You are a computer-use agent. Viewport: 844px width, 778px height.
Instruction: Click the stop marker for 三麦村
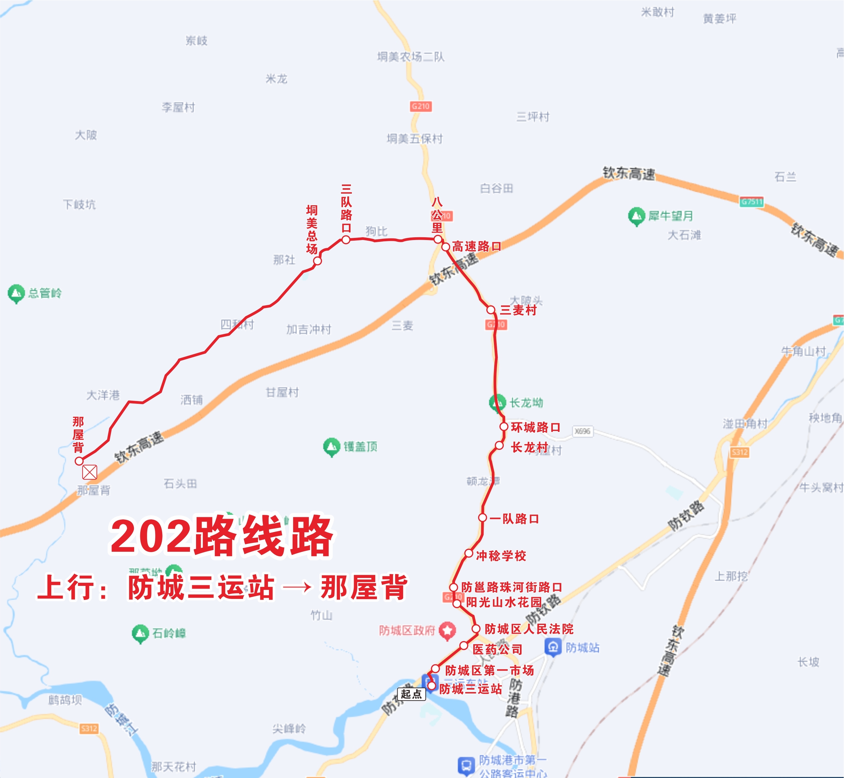click(x=490, y=310)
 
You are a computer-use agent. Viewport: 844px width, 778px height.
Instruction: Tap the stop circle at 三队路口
click(x=345, y=239)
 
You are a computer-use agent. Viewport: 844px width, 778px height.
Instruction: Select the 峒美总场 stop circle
click(x=317, y=261)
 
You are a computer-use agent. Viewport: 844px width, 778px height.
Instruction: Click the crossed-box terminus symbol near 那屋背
click(x=90, y=472)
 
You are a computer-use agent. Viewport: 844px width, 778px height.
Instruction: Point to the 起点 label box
click(x=411, y=694)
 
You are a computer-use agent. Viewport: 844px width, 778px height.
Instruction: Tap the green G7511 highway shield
click(x=751, y=202)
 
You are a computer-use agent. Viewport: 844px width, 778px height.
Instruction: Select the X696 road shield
click(x=583, y=431)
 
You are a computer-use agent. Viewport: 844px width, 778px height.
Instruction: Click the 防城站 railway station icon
click(x=553, y=647)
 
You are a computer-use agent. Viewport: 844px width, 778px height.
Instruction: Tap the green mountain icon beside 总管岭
click(x=16, y=293)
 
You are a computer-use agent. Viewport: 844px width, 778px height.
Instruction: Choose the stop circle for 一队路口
click(x=482, y=518)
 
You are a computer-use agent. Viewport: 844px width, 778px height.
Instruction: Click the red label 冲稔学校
click(x=501, y=556)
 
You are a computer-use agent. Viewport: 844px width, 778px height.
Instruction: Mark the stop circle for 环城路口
click(x=503, y=426)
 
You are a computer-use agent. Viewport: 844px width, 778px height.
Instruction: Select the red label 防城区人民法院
click(x=529, y=629)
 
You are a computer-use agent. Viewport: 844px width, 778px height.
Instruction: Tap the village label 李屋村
click(x=178, y=107)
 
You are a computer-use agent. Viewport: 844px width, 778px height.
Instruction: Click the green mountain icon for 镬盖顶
click(x=331, y=447)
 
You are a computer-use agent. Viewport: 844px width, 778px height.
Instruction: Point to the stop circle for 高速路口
click(x=446, y=247)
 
